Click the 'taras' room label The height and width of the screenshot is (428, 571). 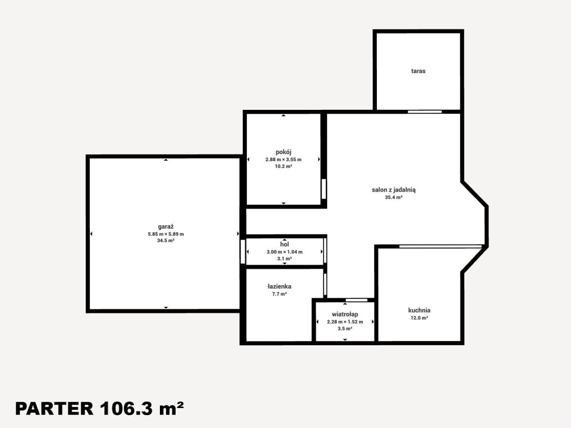pyautogui.click(x=418, y=71)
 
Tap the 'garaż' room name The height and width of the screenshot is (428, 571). pyautogui.click(x=166, y=227)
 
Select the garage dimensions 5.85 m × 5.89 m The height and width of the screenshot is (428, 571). pyautogui.click(x=166, y=234)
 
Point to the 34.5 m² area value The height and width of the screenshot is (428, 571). pyautogui.click(x=166, y=240)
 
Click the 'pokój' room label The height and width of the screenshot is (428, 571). pyautogui.click(x=283, y=152)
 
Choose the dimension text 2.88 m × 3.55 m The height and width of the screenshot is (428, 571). pyautogui.click(x=283, y=160)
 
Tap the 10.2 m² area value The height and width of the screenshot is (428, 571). pyautogui.click(x=283, y=166)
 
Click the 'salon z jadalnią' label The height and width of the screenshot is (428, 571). pyautogui.click(x=394, y=190)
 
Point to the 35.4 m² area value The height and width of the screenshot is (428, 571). pyautogui.click(x=394, y=197)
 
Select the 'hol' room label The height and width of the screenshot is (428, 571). pyautogui.click(x=285, y=244)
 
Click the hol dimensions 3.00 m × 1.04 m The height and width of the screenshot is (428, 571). pyautogui.click(x=285, y=252)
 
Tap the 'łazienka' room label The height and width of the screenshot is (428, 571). pyautogui.click(x=279, y=286)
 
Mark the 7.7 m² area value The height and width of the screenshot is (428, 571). pyautogui.click(x=279, y=294)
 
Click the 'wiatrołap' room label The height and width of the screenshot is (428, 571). pyautogui.click(x=345, y=314)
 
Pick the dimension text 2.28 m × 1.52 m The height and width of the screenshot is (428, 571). pyautogui.click(x=345, y=322)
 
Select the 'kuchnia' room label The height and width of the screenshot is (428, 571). pyautogui.click(x=419, y=310)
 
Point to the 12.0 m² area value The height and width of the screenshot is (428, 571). pyautogui.click(x=419, y=318)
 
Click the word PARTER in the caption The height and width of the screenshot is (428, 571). pyautogui.click(x=54, y=409)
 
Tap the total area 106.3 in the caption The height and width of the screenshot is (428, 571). pyautogui.click(x=126, y=409)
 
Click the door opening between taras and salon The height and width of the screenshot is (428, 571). pyautogui.click(x=424, y=112)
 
